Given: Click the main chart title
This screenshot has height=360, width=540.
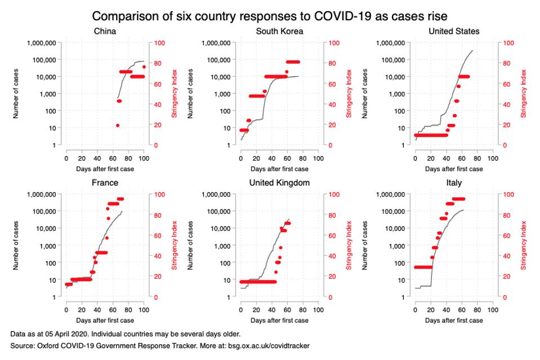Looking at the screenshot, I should point(270,15).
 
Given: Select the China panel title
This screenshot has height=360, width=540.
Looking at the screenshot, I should point(105,31).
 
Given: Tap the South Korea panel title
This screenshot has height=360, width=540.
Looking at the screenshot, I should point(279,31).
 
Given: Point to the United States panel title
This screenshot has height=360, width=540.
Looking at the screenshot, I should point(454,31).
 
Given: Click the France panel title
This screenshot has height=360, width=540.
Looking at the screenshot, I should point(105,183).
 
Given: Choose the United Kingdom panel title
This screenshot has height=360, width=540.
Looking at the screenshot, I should point(279,183).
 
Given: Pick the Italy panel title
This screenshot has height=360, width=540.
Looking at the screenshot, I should point(454,183).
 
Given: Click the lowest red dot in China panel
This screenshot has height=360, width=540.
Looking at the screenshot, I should point(117,125).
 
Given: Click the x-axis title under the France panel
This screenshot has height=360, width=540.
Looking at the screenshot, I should point(105,321).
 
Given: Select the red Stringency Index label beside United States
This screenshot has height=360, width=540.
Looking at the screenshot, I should point(523,94).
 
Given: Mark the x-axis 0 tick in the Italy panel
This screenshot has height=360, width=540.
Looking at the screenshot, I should point(416,309).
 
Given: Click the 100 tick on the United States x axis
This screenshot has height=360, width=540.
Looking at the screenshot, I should point(493,158).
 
